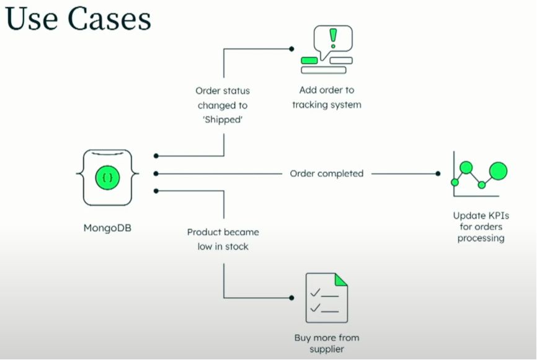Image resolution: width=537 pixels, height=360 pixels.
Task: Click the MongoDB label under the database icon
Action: point(107,227)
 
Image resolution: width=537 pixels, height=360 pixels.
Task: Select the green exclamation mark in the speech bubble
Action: point(333,38)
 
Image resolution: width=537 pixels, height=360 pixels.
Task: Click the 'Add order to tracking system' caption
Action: point(326,97)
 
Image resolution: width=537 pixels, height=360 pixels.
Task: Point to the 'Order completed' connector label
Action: point(326,173)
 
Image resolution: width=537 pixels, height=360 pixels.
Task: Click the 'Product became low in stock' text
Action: point(223,239)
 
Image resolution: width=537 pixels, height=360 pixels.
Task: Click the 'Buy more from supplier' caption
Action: point(326,343)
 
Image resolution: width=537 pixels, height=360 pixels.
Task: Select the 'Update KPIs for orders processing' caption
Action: point(481,227)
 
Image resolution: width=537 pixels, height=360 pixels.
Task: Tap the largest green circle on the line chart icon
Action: point(498,170)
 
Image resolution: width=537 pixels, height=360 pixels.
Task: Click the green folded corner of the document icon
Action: point(341,279)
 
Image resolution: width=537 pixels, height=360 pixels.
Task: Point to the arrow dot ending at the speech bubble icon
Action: point(290,48)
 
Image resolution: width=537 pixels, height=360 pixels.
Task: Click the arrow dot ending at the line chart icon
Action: point(438,173)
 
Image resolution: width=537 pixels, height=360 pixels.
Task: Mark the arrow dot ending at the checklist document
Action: point(290,298)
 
